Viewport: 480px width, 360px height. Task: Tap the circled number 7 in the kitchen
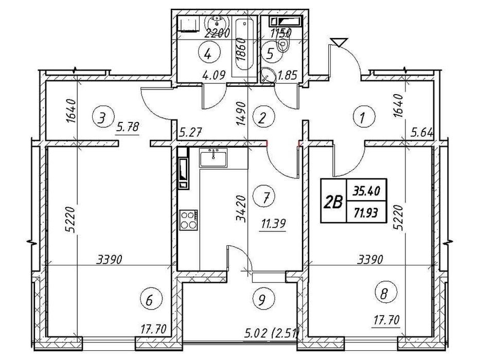coord(265,197)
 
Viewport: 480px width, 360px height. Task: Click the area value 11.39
coord(273,224)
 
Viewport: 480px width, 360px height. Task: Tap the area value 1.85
coord(287,75)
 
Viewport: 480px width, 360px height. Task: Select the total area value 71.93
coord(366,212)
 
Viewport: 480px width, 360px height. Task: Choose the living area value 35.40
coord(366,191)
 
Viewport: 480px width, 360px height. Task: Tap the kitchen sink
coord(214,158)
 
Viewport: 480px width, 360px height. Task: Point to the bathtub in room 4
coord(244,47)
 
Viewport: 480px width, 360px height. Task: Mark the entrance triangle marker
coord(339,42)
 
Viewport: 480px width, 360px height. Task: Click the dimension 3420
coord(241,209)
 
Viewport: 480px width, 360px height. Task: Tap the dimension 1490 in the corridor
coord(241,114)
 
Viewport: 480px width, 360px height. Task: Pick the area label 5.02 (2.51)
coord(271,332)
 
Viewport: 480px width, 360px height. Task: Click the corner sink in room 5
coord(268,75)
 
